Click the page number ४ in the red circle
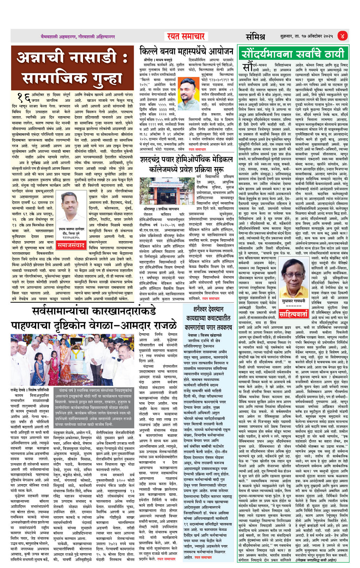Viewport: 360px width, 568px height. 342,36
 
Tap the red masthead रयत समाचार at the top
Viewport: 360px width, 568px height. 186,36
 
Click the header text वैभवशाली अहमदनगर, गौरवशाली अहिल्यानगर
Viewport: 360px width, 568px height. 78,37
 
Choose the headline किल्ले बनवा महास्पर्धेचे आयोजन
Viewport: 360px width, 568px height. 186,51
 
